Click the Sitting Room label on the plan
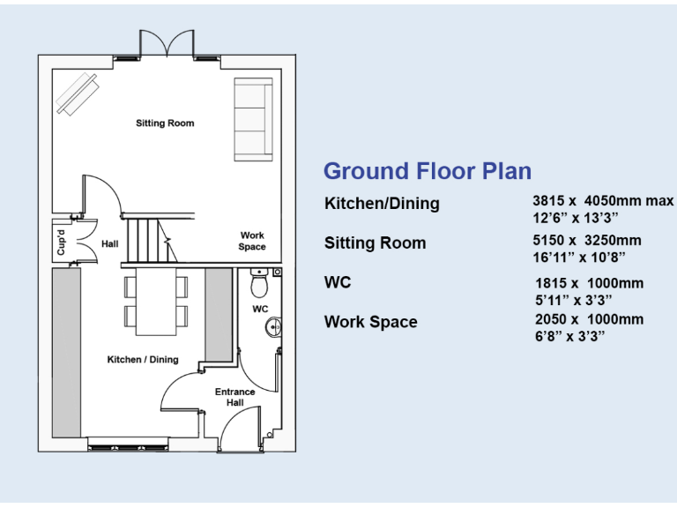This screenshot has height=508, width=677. point(165,123)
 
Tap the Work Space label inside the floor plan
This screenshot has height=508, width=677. point(252,241)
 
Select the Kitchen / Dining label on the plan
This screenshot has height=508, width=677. point(143,359)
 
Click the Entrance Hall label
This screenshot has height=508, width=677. point(235,397)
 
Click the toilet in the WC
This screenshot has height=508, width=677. point(259,283)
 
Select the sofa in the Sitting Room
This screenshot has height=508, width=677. point(252,119)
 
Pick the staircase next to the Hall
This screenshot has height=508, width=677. point(145,240)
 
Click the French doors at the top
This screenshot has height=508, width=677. point(166,43)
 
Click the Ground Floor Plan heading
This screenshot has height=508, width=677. point(428,171)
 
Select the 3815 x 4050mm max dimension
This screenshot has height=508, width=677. point(602,201)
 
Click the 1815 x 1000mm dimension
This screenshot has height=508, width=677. point(589,283)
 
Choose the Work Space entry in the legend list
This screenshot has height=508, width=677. point(370,322)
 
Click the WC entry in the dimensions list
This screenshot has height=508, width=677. point(338,282)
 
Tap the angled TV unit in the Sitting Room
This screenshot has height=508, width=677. point(78,93)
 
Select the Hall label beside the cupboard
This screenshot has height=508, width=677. point(109,243)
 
